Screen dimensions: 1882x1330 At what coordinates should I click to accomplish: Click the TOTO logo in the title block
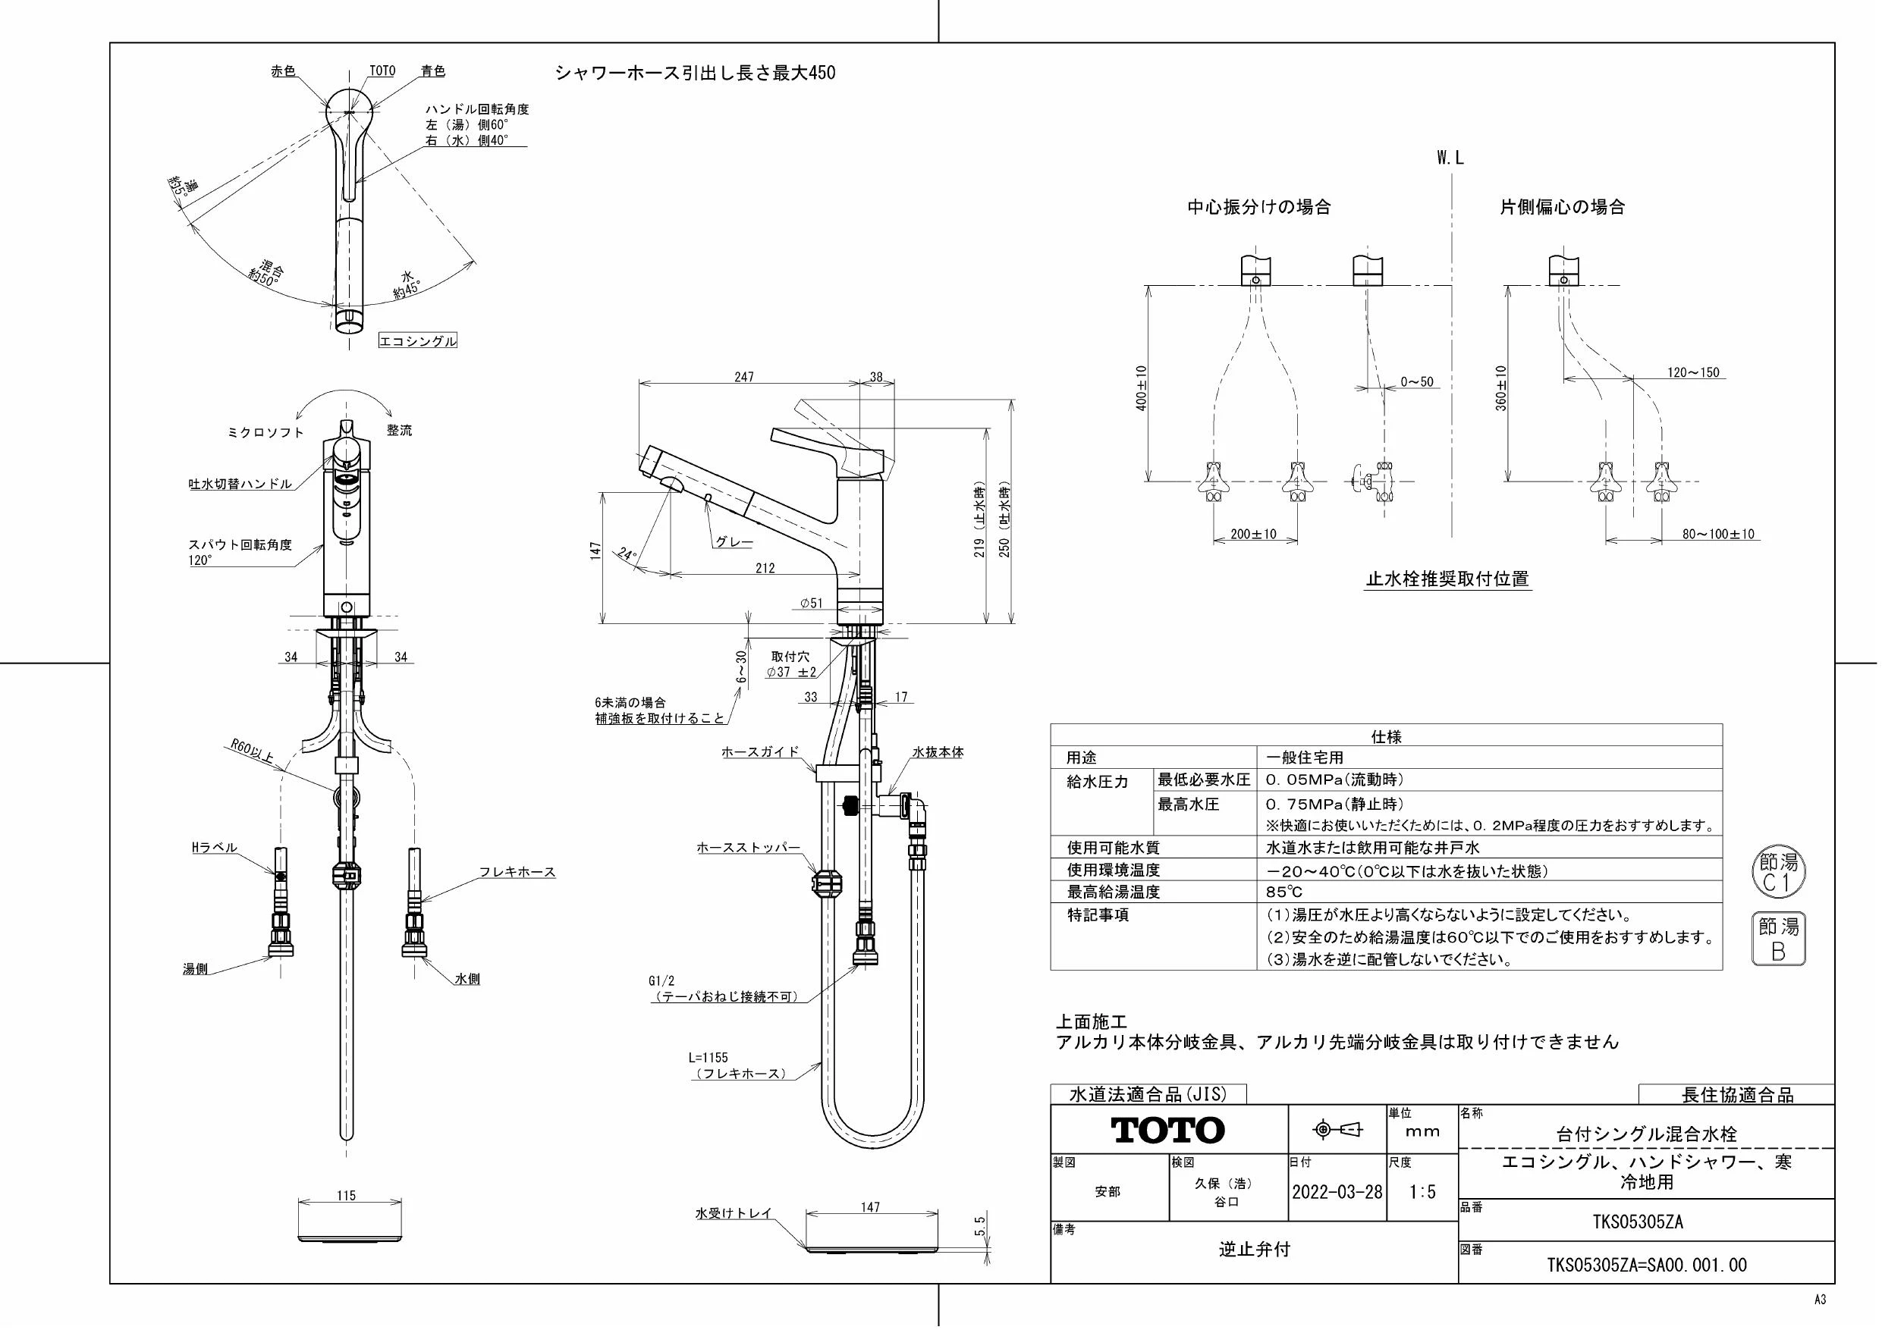point(1167,1130)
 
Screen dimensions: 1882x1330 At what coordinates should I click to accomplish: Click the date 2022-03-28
point(1337,1191)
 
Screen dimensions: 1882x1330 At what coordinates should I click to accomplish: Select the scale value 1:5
point(1422,1191)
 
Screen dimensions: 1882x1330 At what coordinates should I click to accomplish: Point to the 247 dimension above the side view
point(743,377)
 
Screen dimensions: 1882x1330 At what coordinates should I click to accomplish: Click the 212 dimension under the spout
point(765,568)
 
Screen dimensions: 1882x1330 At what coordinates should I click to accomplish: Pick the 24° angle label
point(627,555)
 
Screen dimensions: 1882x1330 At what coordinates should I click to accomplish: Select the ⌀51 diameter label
point(811,603)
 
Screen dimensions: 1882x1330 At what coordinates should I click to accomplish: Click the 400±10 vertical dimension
point(1141,387)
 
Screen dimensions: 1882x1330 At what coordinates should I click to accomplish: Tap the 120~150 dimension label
point(1693,372)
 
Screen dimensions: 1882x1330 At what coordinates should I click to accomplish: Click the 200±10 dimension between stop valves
point(1253,535)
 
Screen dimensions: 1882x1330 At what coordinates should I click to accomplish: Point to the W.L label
point(1449,158)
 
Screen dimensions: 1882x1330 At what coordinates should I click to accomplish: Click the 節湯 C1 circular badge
point(1779,874)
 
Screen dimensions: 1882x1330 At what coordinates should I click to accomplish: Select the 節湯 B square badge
point(1778,939)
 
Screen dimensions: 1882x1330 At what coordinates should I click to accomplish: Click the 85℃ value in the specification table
point(1283,892)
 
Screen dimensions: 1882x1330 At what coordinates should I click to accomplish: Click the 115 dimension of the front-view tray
point(346,1196)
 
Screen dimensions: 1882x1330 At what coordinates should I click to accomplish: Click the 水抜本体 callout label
point(938,751)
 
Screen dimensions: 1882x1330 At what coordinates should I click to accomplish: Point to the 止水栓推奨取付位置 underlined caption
point(1447,579)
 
